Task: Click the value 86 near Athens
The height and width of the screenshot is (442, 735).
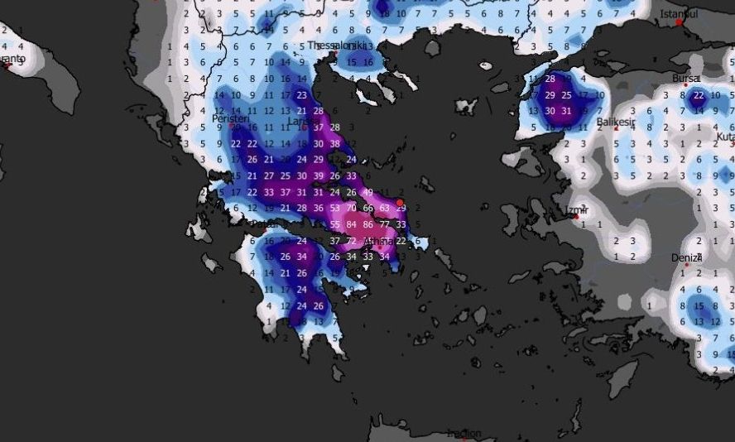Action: point(367,224)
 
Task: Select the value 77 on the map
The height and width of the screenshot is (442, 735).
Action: point(384,224)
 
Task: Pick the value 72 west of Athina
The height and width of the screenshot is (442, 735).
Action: point(351,241)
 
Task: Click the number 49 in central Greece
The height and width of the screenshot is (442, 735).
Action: point(367,192)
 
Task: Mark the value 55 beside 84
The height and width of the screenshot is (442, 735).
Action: point(334,224)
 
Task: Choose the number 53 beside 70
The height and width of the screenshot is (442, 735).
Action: point(334,208)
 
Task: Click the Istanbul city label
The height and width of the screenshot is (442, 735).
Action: point(680,14)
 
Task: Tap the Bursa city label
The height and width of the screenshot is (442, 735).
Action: point(685,79)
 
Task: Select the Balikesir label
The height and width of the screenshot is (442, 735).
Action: point(616,123)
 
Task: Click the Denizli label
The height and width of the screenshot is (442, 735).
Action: point(686,257)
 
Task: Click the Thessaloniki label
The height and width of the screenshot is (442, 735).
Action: point(338,46)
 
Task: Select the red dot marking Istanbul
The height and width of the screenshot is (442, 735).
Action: point(680,22)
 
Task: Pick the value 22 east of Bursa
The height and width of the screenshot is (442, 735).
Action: point(699,95)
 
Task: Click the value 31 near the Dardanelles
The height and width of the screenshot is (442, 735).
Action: point(566,111)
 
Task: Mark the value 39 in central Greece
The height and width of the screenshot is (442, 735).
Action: point(318,175)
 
